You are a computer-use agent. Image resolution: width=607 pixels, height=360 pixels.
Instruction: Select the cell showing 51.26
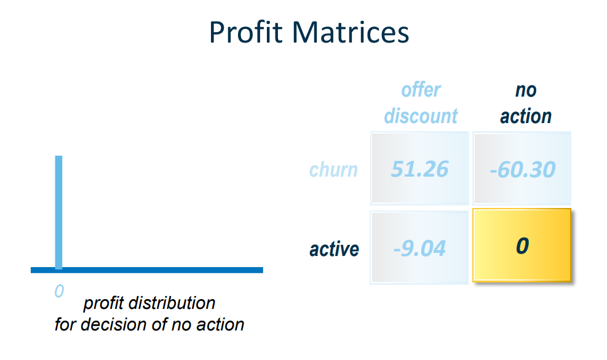pyautogui.click(x=419, y=169)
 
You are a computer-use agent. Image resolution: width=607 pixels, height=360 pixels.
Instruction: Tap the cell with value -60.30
pyautogui.click(x=522, y=169)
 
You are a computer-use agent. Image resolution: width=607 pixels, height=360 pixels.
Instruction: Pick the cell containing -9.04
pyautogui.click(x=419, y=248)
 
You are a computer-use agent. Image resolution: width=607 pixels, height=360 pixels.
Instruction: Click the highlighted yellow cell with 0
pyautogui.click(x=522, y=246)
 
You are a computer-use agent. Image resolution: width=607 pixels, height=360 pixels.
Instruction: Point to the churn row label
pyautogui.click(x=333, y=169)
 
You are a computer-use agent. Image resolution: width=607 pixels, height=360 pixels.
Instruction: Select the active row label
pyautogui.click(x=334, y=249)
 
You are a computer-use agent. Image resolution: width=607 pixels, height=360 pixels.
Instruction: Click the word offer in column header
pyautogui.click(x=421, y=90)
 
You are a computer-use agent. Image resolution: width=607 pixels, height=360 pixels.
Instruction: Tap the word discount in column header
pyautogui.click(x=421, y=116)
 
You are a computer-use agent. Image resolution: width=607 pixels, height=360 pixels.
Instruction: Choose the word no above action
pyautogui.click(x=526, y=90)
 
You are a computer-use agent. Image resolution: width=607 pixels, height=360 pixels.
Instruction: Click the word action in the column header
pyautogui.click(x=526, y=116)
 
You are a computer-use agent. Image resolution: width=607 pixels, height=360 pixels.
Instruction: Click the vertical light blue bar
pyautogui.click(x=58, y=209)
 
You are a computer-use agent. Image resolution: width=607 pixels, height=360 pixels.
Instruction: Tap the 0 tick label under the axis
pyautogui.click(x=58, y=290)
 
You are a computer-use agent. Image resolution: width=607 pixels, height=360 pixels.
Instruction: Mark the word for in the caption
pyautogui.click(x=65, y=324)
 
